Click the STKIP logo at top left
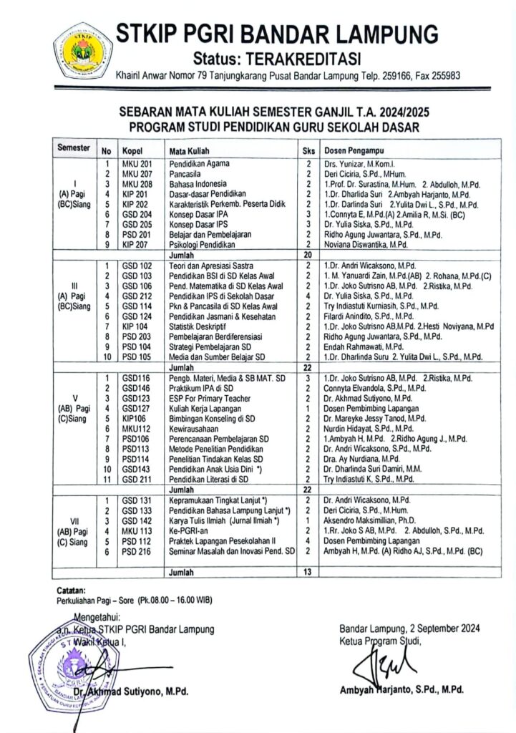pyautogui.click(x=83, y=50)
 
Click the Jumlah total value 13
pyautogui.click(x=308, y=573)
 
